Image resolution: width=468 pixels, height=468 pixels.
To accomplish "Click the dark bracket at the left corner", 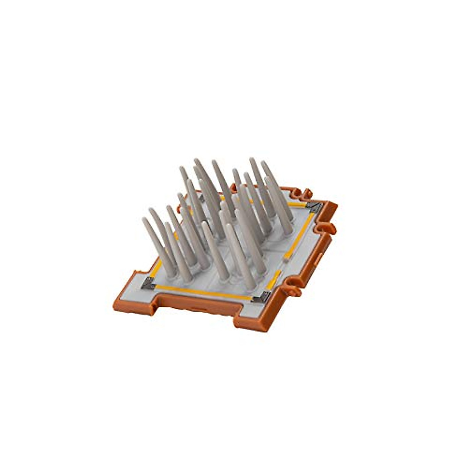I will pos(148,284).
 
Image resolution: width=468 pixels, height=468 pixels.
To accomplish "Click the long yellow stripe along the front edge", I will pos(203,292).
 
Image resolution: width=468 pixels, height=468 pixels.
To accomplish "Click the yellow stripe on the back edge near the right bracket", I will pos(298,204).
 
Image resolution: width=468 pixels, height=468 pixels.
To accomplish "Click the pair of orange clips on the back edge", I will pos(302,193).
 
